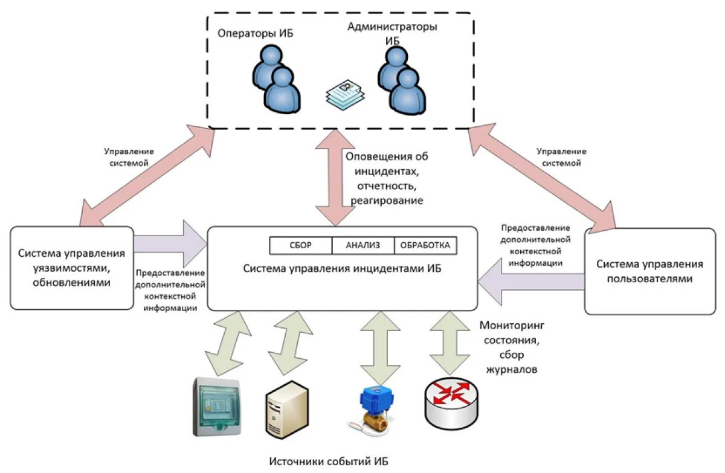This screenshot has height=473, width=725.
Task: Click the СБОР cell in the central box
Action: [x=300, y=245]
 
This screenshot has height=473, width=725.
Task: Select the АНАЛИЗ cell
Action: [x=362, y=245]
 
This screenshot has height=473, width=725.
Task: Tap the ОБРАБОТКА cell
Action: [x=425, y=245]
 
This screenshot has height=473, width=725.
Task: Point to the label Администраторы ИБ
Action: [x=392, y=33]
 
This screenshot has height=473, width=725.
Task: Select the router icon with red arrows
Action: [x=453, y=401]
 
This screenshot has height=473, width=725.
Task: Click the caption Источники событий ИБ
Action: [x=329, y=462]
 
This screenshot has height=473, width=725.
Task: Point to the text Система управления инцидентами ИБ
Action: [x=342, y=268]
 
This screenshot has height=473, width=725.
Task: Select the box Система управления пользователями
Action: [x=649, y=271]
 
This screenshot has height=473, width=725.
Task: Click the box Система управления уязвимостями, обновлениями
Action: [x=71, y=268]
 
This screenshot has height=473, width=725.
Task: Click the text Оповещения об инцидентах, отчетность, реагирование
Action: [x=387, y=178]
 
